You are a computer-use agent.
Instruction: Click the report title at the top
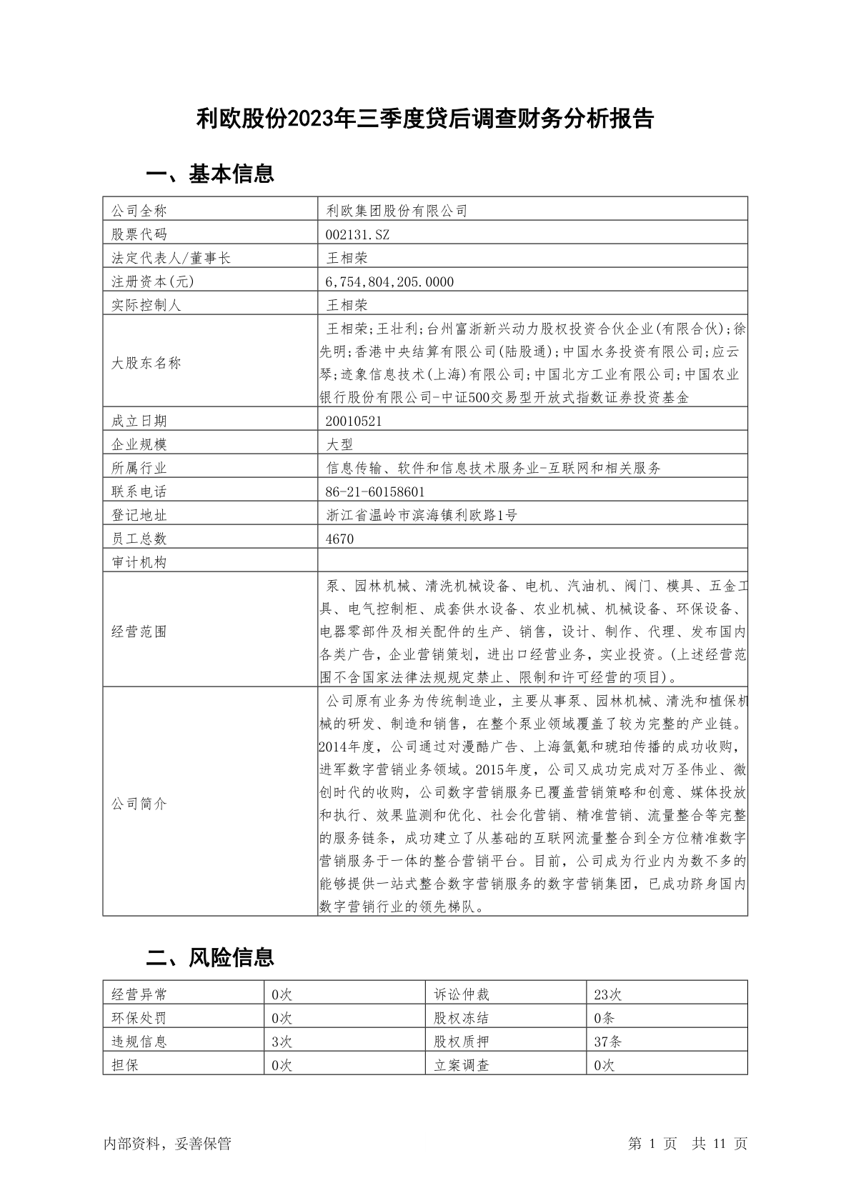click(425, 119)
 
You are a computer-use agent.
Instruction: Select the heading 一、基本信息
click(210, 174)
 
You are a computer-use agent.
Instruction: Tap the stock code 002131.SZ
click(357, 234)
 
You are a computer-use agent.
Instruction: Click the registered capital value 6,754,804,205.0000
click(389, 281)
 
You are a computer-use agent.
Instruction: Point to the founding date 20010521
click(354, 421)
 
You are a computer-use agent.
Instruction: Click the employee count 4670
click(339, 539)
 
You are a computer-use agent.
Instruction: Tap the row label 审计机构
click(139, 562)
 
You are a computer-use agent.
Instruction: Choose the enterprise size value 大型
click(339, 444)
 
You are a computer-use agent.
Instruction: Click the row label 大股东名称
click(146, 363)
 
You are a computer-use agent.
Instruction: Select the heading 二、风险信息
click(210, 957)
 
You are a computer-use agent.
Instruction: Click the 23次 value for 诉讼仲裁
click(608, 994)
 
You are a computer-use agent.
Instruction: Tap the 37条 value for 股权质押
click(608, 1042)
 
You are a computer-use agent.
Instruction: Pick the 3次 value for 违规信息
click(282, 1042)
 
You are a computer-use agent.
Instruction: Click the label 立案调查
click(462, 1065)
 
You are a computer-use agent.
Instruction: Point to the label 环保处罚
click(139, 1018)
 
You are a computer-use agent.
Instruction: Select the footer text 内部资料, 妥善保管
click(167, 1144)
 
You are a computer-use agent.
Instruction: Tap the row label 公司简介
click(139, 804)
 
